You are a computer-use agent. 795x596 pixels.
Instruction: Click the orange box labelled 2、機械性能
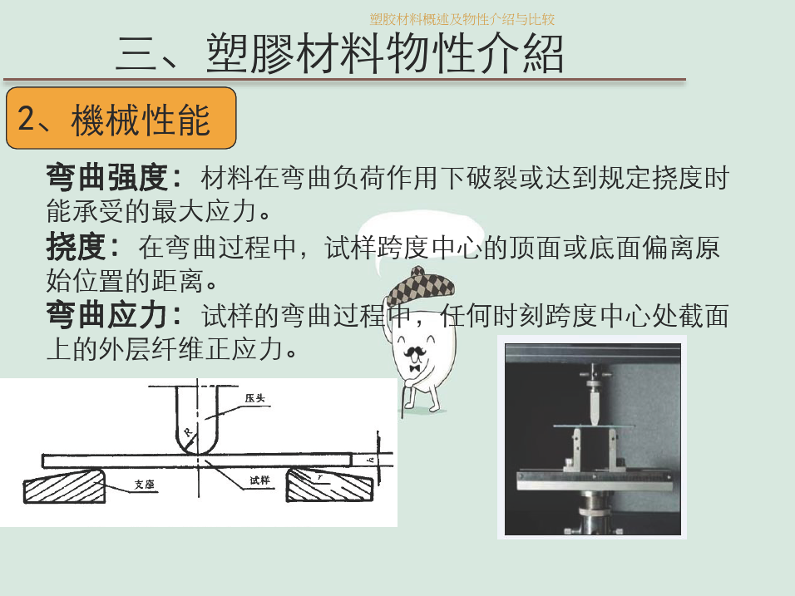coord(121,118)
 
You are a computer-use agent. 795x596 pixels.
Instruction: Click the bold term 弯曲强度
coord(107,177)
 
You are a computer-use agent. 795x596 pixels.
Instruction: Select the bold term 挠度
coord(76,247)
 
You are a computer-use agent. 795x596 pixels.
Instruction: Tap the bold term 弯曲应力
coord(107,315)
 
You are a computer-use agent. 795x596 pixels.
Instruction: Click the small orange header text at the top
coord(462,19)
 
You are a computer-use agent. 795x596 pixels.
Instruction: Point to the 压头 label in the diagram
coord(255,398)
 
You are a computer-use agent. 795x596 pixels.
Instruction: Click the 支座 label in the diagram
coord(144,485)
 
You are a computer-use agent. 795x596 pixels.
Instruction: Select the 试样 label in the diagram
coord(259,480)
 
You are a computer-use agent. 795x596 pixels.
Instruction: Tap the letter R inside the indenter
coord(188,432)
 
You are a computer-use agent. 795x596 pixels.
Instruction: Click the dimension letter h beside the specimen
coord(371,460)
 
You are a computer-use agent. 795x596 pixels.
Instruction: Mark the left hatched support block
coord(64,485)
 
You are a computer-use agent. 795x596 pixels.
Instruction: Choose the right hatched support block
coord(329,485)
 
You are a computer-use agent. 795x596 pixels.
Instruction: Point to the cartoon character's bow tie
coord(415,368)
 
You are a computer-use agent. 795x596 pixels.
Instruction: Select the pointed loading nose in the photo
coord(594,406)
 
